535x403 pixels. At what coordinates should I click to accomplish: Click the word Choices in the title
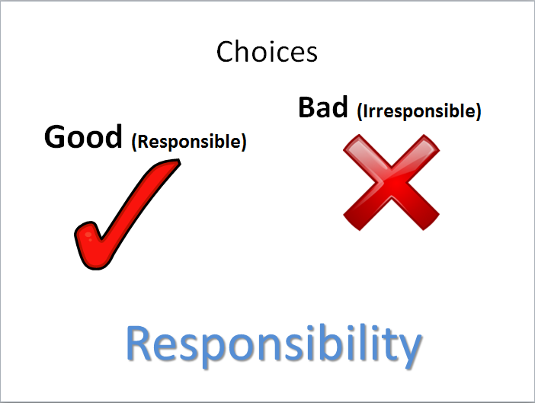point(267,52)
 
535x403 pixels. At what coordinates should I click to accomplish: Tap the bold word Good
point(83,136)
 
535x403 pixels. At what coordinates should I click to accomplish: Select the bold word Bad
point(323,107)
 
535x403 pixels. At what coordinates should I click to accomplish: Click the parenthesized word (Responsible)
point(189,142)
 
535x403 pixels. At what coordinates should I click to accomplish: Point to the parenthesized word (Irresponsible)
point(419,111)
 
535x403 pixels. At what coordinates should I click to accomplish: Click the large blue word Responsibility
point(274,345)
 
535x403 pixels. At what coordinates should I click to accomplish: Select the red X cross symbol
point(392,182)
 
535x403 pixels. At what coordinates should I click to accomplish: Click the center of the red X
point(392,182)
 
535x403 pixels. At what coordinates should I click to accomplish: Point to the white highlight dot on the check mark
point(88,235)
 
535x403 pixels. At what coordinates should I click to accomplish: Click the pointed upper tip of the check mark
point(179,160)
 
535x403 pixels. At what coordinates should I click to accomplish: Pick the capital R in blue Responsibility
point(139,343)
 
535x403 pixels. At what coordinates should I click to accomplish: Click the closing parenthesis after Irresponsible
point(479,111)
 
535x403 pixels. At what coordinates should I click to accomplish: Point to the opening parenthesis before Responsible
point(134,142)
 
